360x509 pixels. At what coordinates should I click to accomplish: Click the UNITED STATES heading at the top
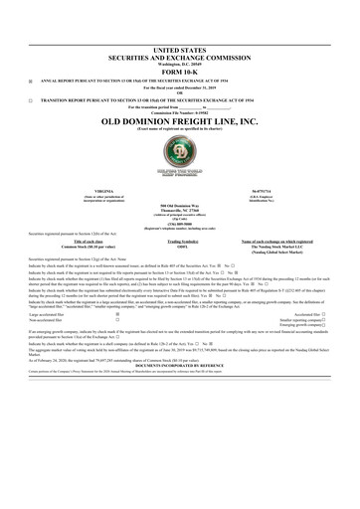[179, 48]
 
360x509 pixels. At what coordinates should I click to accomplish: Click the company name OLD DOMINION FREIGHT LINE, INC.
[179, 121]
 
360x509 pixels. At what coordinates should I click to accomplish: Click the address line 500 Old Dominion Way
[179, 205]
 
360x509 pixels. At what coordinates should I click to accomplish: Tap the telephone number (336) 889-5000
[179, 224]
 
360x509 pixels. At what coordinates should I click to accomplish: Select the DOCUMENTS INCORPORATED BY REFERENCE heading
[179, 363]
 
